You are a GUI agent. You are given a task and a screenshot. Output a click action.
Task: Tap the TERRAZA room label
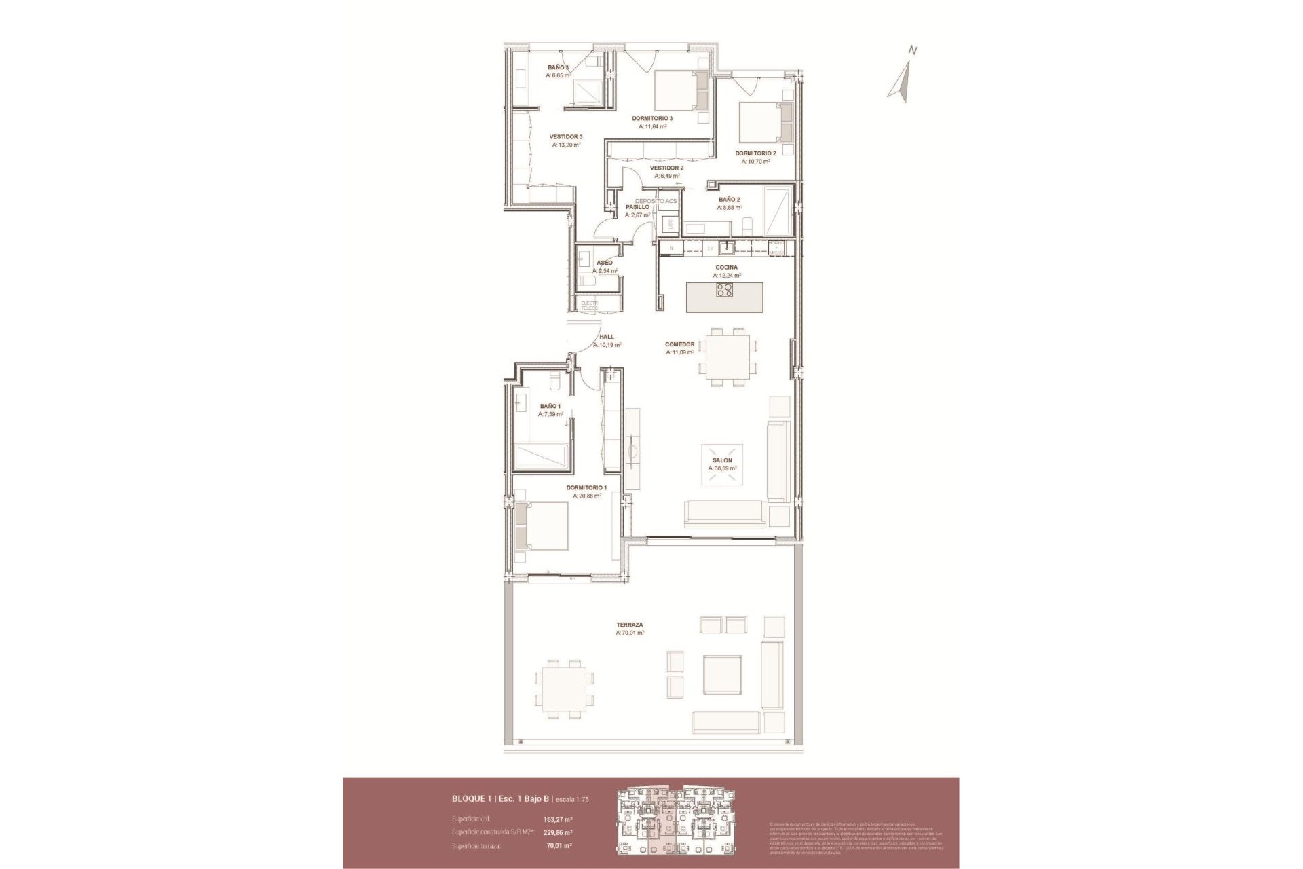[629, 625]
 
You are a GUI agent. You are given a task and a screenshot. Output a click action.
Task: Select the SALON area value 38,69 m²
[722, 468]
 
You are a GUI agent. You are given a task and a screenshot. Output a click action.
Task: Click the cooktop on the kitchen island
[724, 291]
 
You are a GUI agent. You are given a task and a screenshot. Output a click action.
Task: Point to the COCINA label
[726, 267]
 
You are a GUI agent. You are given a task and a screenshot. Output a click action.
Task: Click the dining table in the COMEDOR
[727, 355]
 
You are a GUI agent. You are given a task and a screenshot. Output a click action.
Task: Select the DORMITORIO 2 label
[755, 153]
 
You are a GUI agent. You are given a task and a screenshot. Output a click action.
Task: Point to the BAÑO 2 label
[729, 200]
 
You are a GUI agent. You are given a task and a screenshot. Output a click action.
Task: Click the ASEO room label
[604, 263]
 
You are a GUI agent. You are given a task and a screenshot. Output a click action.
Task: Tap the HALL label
[607, 337]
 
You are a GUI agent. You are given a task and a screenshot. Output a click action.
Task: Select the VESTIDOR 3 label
[565, 136]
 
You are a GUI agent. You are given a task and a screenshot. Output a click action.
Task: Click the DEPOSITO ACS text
[656, 201]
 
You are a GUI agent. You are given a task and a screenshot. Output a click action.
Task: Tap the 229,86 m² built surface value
[558, 832]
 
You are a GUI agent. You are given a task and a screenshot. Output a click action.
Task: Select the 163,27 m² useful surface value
[558, 819]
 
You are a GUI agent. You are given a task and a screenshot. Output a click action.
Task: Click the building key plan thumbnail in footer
[675, 823]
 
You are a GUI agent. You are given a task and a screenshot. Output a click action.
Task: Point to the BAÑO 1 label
[550, 406]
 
